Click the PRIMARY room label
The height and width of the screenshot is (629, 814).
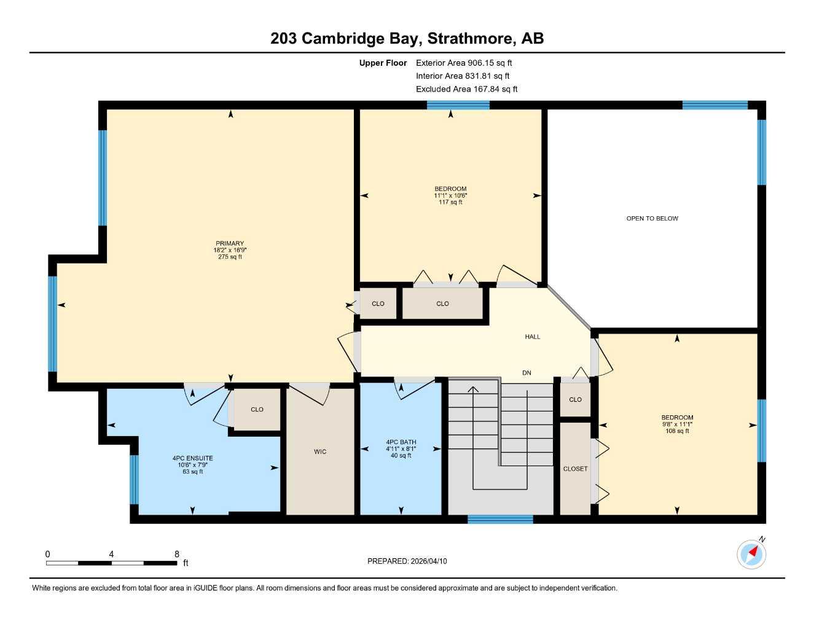point(230,243)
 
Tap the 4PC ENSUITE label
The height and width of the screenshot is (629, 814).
point(192,458)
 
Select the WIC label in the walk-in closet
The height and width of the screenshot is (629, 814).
point(320,451)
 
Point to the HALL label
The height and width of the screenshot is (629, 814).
point(533,337)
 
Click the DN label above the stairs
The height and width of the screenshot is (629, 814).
point(526,373)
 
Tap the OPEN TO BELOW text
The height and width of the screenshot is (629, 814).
point(652,218)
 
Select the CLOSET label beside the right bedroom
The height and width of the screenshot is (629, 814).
point(575,469)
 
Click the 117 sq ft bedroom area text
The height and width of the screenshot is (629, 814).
point(450,202)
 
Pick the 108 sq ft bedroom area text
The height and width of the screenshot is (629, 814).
point(677,431)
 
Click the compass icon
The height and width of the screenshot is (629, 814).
point(751,554)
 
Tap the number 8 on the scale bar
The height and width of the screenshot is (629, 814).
point(177,554)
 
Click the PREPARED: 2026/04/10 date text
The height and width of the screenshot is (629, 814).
point(407,561)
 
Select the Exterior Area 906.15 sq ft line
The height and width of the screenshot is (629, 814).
point(464,63)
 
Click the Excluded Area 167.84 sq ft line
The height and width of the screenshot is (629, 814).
point(466,89)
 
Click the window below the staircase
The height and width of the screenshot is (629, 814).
point(500,519)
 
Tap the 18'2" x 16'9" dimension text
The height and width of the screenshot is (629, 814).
point(230,250)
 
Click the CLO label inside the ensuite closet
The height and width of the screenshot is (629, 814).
point(257,409)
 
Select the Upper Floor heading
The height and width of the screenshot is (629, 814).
point(383,63)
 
